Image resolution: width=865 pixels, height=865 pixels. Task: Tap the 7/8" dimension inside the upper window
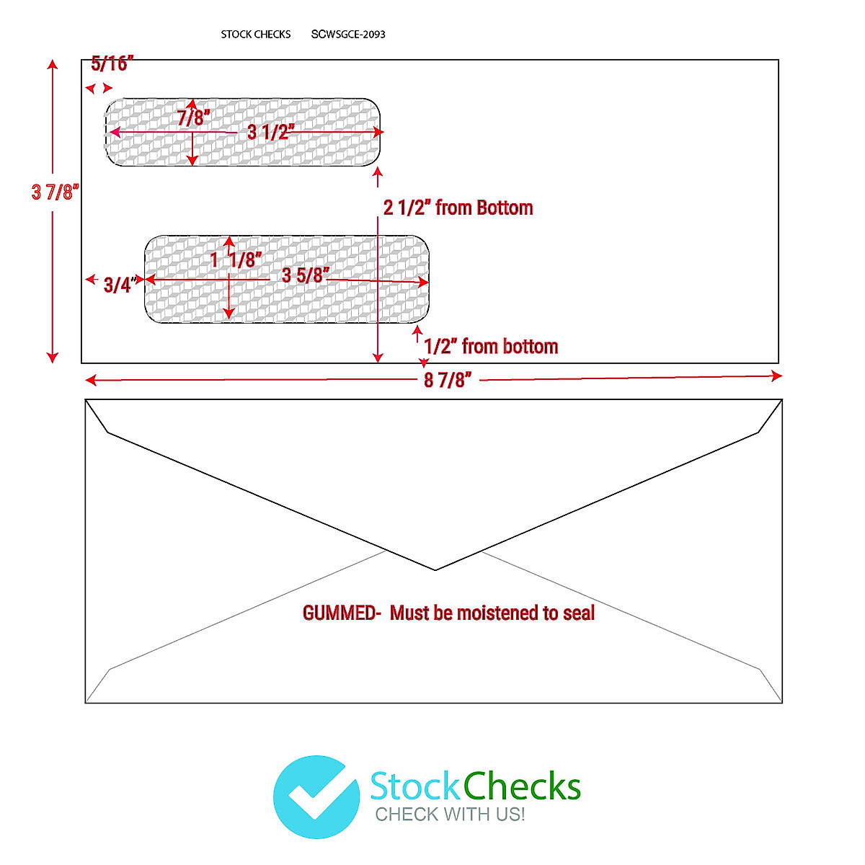tap(193, 117)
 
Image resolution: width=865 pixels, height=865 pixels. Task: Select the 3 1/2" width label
tap(271, 132)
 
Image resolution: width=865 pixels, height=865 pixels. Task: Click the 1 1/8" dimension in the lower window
tap(236, 259)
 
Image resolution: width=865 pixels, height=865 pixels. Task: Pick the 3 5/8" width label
tap(306, 275)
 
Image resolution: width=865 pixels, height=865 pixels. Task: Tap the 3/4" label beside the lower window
tap(120, 285)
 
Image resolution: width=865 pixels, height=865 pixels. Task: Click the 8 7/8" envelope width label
tap(448, 380)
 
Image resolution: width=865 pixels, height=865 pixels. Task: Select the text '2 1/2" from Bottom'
tap(458, 208)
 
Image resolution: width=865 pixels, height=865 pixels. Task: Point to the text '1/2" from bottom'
tap(491, 347)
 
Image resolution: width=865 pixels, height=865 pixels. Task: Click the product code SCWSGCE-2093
tap(348, 34)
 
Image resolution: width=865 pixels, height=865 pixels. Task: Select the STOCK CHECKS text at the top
tap(256, 34)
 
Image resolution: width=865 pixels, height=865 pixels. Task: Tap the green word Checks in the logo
tap(522, 786)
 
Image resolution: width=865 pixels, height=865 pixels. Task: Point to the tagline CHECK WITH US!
tap(450, 815)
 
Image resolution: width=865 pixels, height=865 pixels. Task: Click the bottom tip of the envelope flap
tap(435, 569)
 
